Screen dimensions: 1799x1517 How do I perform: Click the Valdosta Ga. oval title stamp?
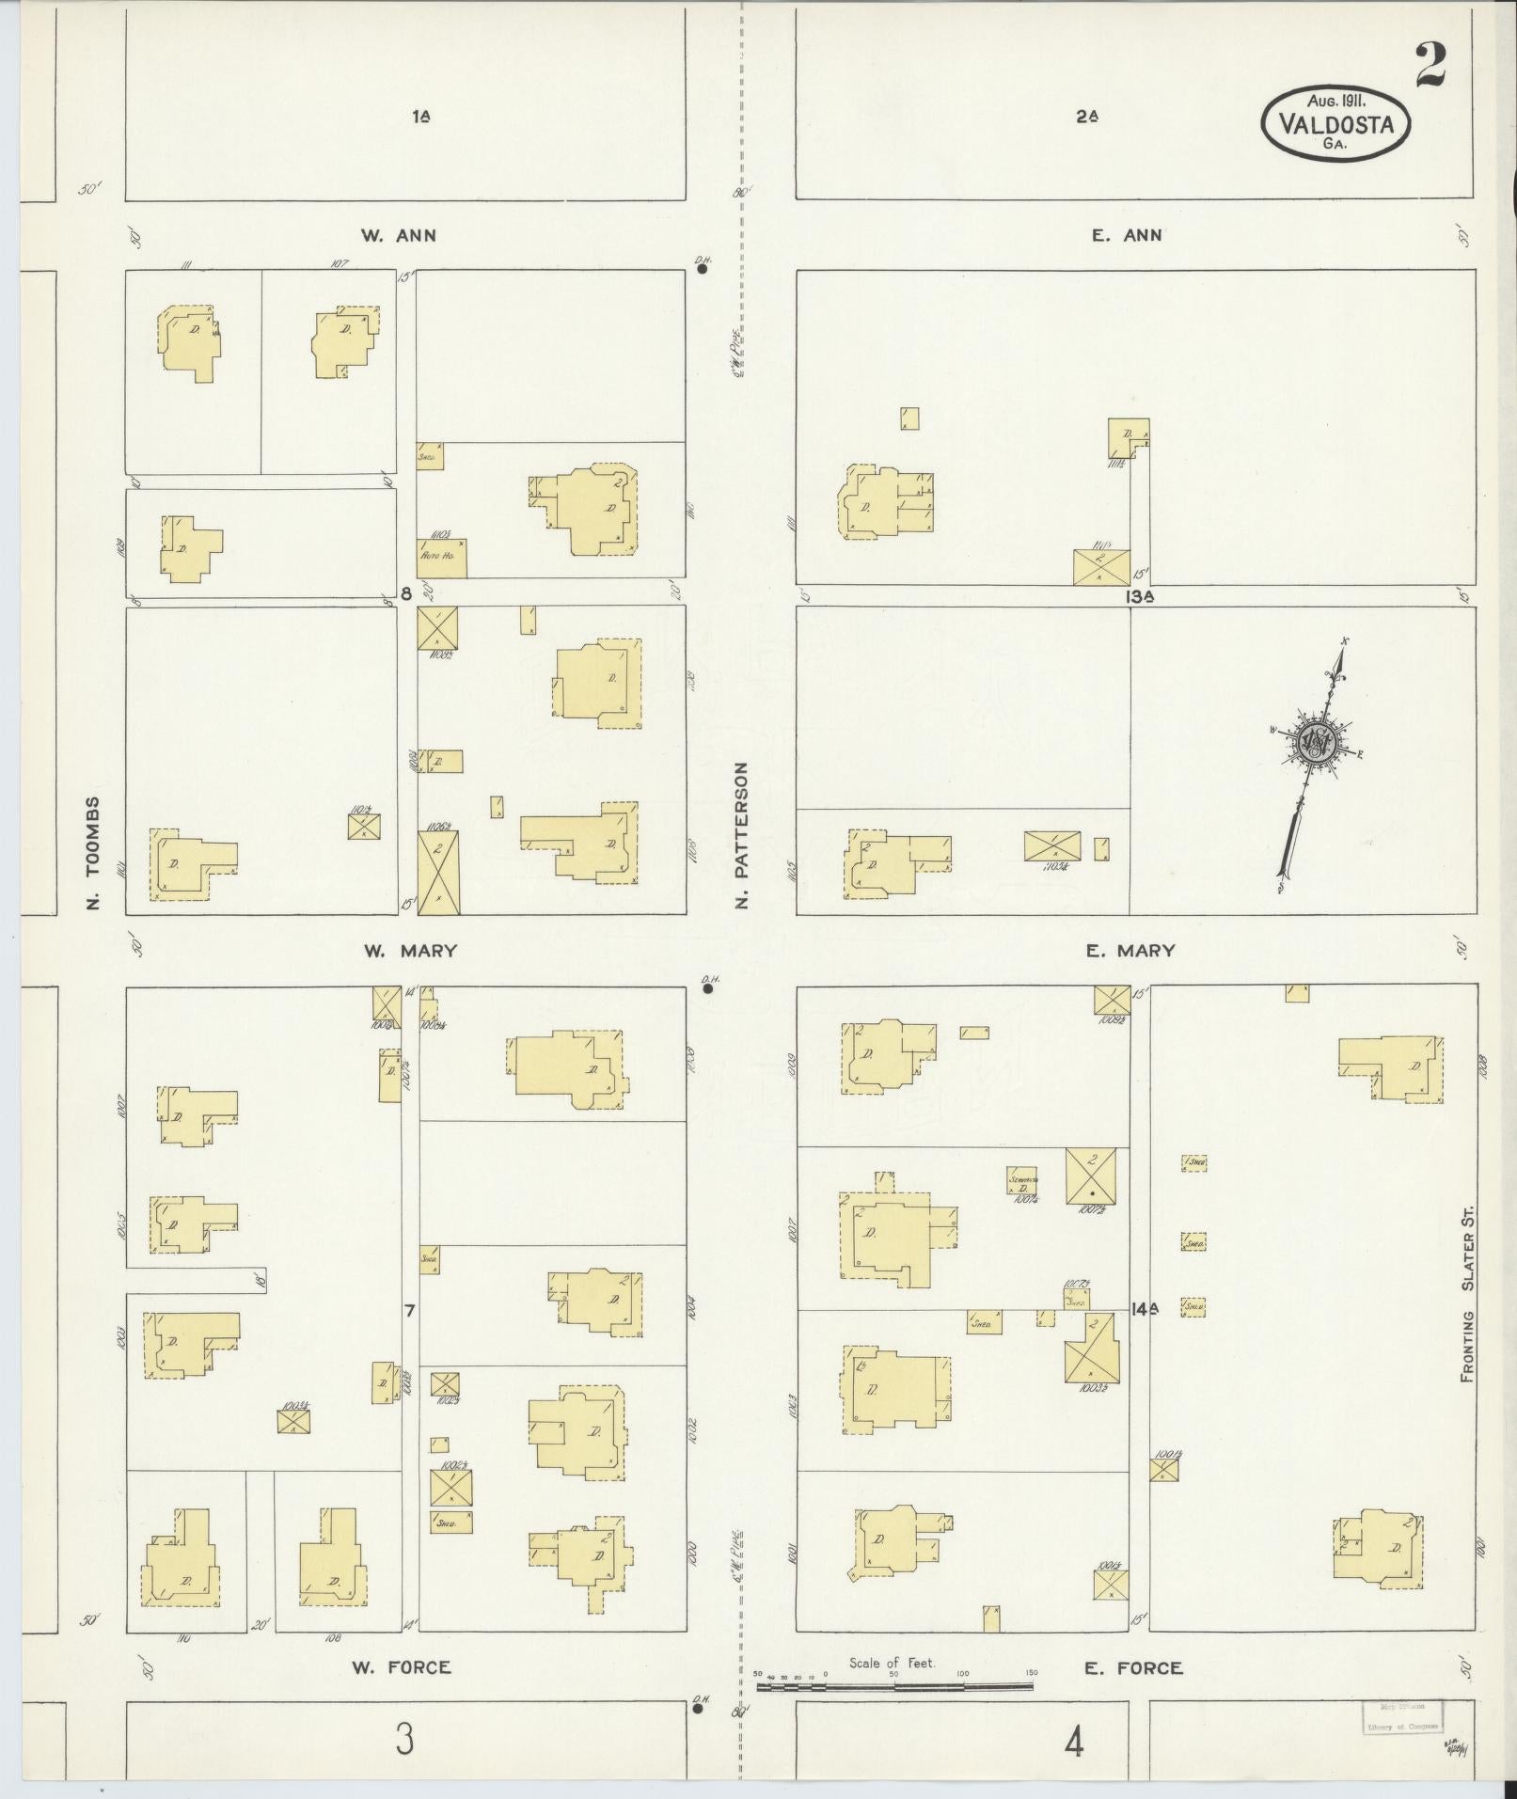[x=1335, y=122]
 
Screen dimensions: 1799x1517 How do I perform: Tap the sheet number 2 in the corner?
[x=1430, y=65]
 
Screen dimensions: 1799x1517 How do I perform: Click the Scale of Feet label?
[x=892, y=1663]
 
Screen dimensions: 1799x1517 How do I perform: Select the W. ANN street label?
[x=399, y=236]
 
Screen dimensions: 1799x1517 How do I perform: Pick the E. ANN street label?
[x=1128, y=236]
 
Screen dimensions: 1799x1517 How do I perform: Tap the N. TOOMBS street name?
[x=92, y=855]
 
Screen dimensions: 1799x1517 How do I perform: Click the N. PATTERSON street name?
[x=742, y=835]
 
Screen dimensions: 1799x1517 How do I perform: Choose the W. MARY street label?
[x=410, y=951]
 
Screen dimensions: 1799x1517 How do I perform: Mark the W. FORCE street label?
[x=402, y=1667]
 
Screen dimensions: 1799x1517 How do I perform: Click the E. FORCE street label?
[x=1132, y=1667]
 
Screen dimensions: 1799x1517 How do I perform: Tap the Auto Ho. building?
[x=442, y=558]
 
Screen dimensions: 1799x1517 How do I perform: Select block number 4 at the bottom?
[x=1074, y=1743]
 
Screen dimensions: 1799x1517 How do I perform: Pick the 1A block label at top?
[x=421, y=118]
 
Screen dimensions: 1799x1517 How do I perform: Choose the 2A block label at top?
[x=1087, y=118]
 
